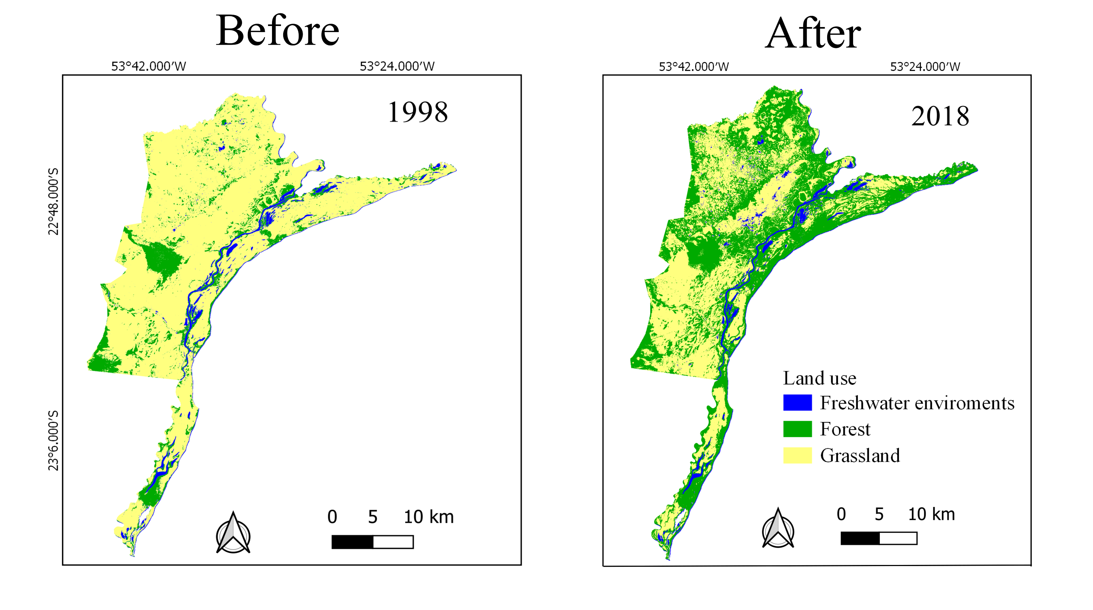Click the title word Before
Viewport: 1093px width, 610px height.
277,31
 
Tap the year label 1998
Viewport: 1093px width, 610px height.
418,112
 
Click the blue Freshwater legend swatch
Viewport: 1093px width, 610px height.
797,402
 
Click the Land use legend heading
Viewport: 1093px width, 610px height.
819,378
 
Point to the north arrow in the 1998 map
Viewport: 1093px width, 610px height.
233,533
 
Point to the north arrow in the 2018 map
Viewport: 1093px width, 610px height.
778,528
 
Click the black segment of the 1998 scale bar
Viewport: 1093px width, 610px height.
352,542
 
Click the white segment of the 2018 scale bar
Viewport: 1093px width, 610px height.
898,538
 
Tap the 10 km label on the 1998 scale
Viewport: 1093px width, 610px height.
429,517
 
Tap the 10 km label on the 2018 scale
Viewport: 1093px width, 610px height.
931,514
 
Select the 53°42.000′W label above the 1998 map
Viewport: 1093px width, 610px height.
149,66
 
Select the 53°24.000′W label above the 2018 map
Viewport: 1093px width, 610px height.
925,67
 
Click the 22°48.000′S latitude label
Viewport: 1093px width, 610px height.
53,201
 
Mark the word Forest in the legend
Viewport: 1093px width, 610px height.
845,429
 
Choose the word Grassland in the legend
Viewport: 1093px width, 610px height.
860,455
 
